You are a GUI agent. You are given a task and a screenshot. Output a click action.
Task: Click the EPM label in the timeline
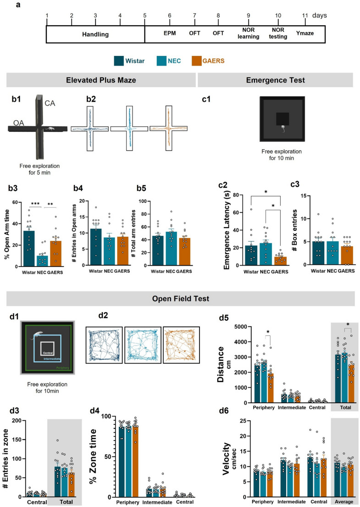tap(170, 33)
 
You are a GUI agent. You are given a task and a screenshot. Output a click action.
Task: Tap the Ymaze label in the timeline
tap(305, 33)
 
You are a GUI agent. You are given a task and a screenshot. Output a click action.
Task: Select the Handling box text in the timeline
tap(95, 34)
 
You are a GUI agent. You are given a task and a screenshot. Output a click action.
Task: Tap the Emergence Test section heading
tap(275, 80)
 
